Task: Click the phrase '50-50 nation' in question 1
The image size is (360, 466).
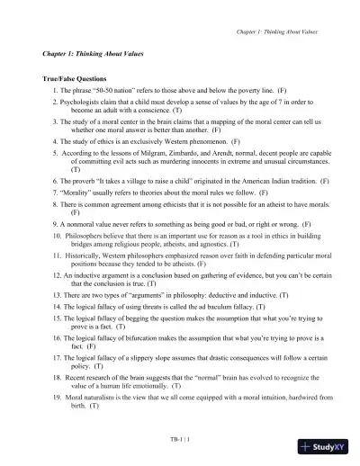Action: pos(107,92)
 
